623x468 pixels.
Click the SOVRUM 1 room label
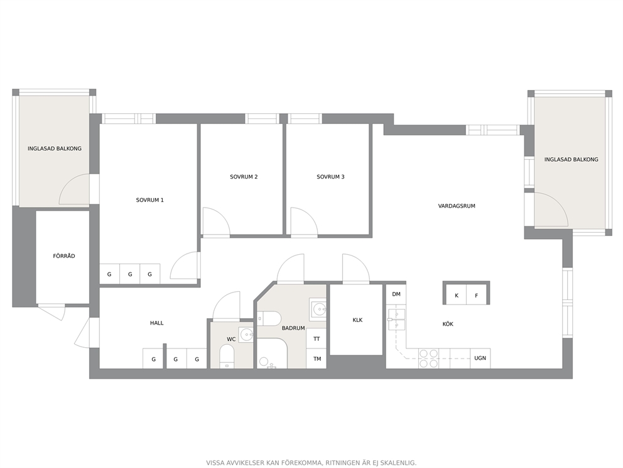[x=150, y=200]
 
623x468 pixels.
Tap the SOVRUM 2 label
[x=244, y=177]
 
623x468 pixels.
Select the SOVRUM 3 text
[x=330, y=177]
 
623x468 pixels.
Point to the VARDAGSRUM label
[x=457, y=206]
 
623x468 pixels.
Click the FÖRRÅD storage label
[x=64, y=256]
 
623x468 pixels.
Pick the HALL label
[x=156, y=323]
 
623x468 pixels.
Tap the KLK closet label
[x=357, y=320]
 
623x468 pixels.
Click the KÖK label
[x=448, y=324]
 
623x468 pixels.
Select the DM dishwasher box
[x=396, y=294]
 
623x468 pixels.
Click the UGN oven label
[x=480, y=358]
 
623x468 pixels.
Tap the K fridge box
[x=457, y=295]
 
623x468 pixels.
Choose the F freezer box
[x=477, y=295]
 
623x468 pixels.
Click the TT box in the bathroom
[x=317, y=338]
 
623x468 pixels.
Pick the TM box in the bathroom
[x=317, y=359]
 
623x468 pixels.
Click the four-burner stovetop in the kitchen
[x=429, y=358]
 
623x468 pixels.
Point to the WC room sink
[x=246, y=334]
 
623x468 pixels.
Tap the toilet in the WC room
[x=227, y=356]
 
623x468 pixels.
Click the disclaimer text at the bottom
[x=311, y=462]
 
